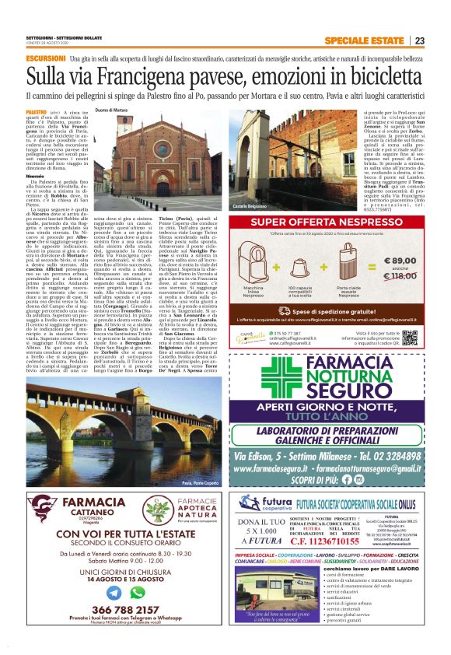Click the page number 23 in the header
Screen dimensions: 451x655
[x=441, y=40]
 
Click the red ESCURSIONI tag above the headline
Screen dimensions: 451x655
[x=45, y=58]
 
